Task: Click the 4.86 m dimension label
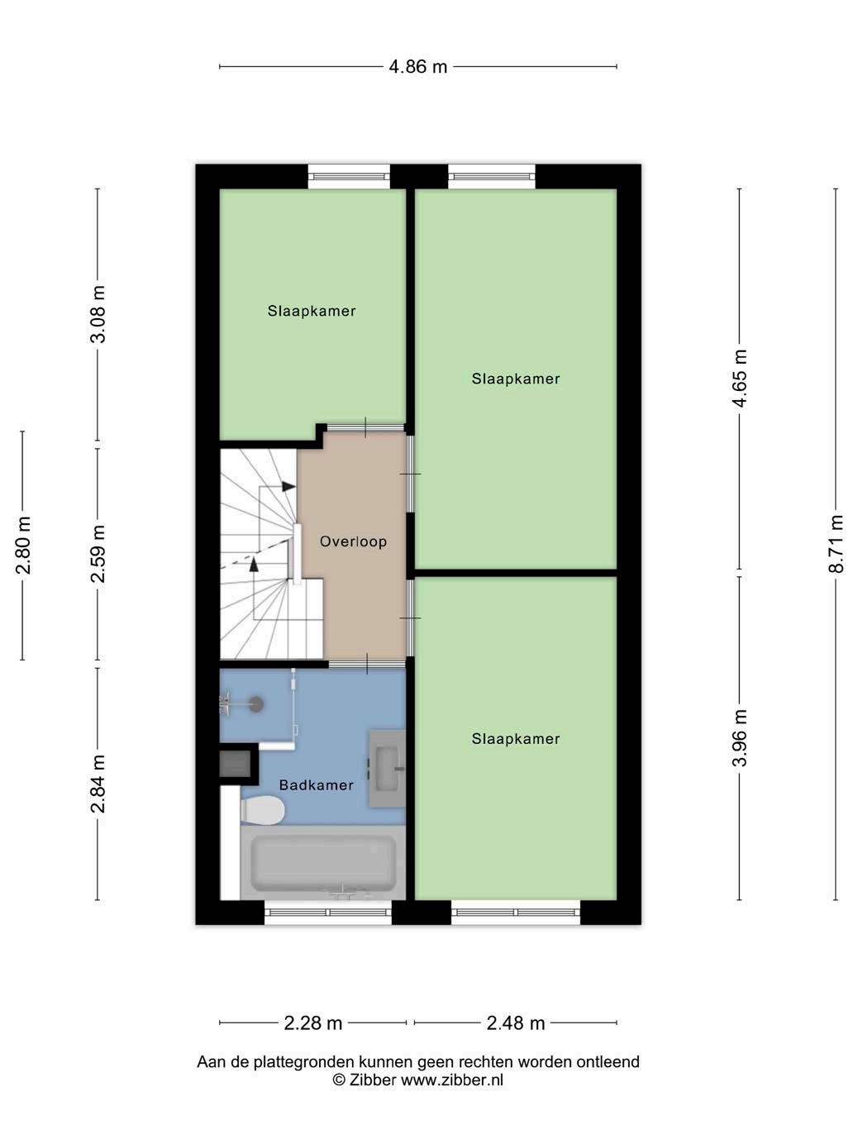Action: pos(417,67)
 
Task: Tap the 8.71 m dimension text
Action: pos(836,544)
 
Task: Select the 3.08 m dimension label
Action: pos(98,314)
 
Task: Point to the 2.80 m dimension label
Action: pos(23,546)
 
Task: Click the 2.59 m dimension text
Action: pos(98,554)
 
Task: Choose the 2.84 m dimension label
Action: pos(98,784)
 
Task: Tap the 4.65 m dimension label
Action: pos(739,379)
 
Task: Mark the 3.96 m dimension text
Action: pos(739,738)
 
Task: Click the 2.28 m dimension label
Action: pos(312,1023)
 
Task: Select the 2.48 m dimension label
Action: pos(515,1023)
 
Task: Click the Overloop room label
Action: pos(353,541)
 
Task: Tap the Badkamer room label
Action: pos(317,785)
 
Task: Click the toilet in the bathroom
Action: pos(263,810)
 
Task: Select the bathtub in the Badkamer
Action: pos(323,863)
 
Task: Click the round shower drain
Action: pos(255,704)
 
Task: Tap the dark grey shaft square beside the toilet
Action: pos(235,764)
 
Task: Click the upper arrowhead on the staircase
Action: pos(288,486)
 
